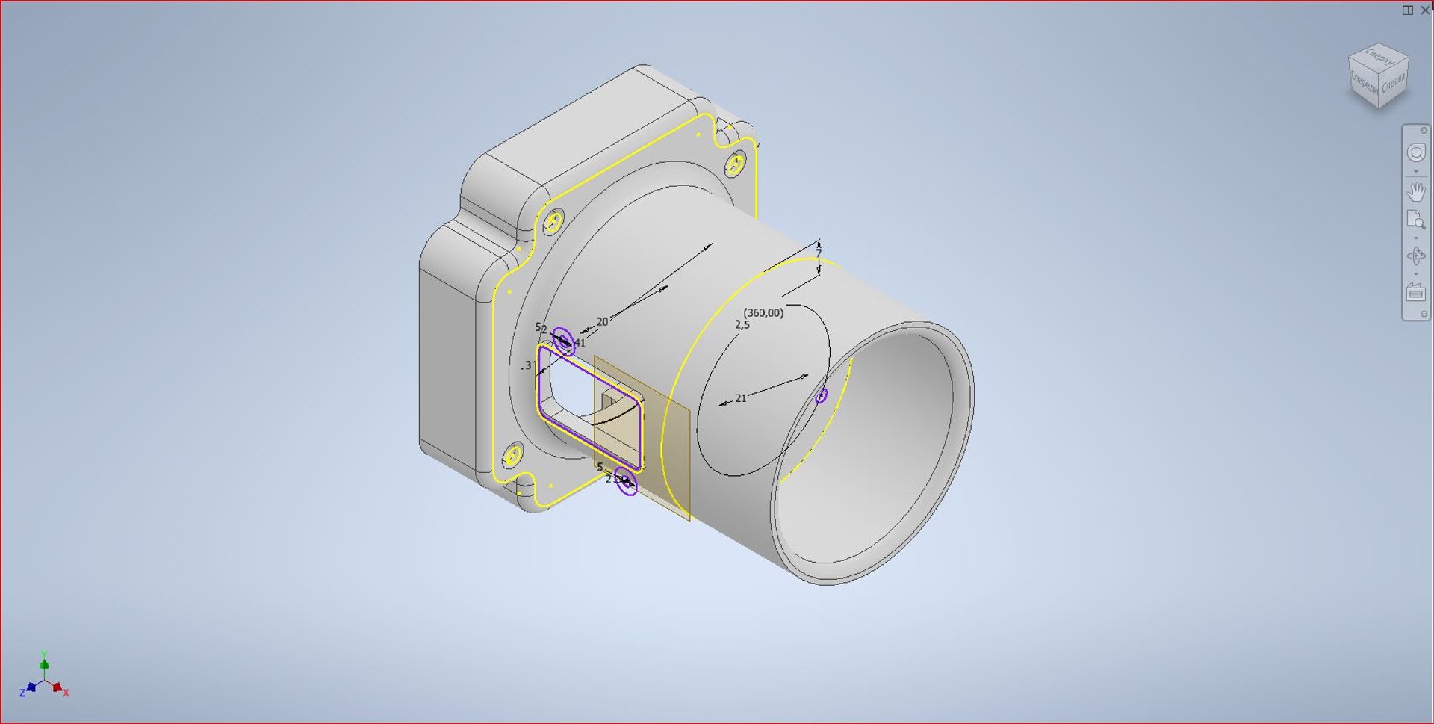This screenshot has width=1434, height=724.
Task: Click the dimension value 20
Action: pos(602,322)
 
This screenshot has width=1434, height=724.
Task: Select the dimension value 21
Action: pos(740,398)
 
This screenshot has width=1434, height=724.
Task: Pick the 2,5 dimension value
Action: pos(742,325)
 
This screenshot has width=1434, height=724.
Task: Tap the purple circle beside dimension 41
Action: pos(564,341)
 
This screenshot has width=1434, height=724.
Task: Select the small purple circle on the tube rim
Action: pos(821,395)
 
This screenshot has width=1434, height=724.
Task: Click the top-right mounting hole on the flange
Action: pos(736,164)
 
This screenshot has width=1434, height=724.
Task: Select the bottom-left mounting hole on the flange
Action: pos(513,455)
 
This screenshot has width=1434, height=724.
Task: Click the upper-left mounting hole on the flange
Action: pos(553,223)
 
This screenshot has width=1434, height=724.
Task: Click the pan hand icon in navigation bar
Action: pos(1415,192)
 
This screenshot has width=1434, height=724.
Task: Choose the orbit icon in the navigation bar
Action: pos(1415,256)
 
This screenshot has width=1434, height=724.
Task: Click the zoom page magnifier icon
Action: pos(1415,220)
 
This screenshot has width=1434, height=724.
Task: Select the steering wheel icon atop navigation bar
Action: pos(1415,153)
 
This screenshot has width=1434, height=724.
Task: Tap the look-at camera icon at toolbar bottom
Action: pos(1415,292)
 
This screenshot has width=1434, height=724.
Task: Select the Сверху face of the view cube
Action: pos(1379,57)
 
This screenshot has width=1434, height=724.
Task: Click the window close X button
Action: pos(1424,10)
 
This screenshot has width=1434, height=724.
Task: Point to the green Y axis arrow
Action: pos(44,662)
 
